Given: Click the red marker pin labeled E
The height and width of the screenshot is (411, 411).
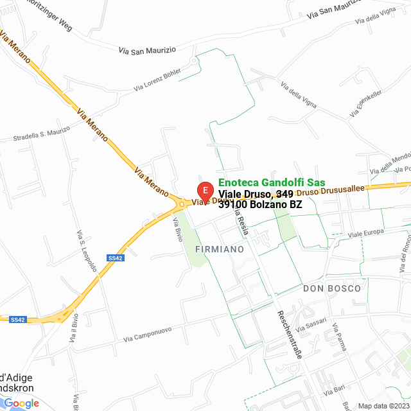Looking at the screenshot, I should click(205, 191).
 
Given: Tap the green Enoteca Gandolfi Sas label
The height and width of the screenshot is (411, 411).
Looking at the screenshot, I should click(272, 182).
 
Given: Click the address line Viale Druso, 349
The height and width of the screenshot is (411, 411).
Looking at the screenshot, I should click(256, 194).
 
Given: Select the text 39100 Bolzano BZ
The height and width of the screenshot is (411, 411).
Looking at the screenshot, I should click(260, 205).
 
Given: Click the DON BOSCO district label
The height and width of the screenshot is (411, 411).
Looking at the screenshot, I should click(332, 288).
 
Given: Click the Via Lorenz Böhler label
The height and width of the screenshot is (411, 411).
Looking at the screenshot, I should click(157, 80).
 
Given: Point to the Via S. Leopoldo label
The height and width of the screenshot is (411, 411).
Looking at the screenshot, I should click(86, 250).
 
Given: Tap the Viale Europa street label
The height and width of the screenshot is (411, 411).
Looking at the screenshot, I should click(365, 232).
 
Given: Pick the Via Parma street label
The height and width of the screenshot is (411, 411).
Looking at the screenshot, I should click(339, 338).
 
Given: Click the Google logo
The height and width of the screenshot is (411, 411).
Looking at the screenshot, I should click(21, 403).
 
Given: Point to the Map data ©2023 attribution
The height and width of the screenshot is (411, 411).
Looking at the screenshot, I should click(383, 406).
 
